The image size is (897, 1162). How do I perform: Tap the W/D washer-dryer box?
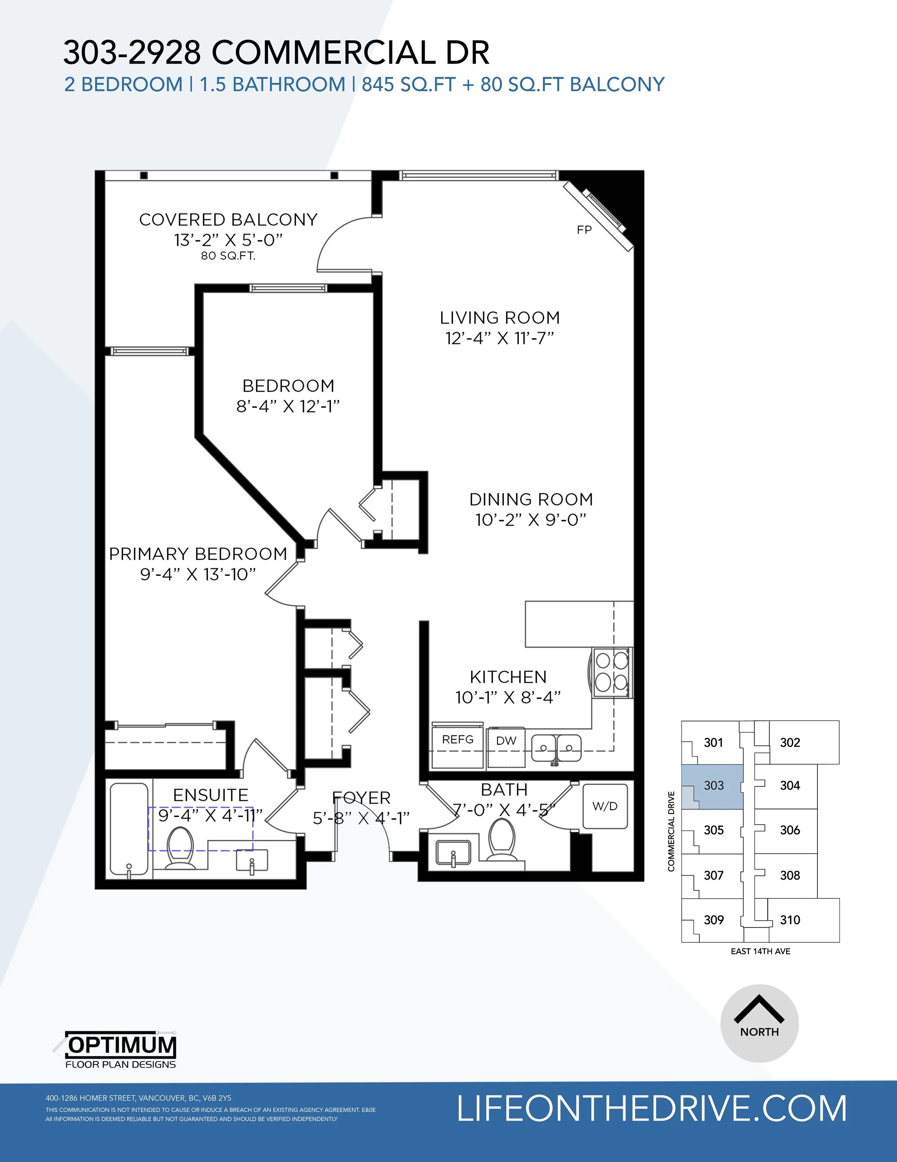(x=605, y=806)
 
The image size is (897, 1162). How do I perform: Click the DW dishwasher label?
(x=506, y=741)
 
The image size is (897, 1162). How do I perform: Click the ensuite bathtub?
(x=129, y=829)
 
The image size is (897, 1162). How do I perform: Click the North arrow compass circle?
(x=759, y=1023)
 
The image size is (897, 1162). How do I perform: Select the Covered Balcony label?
(x=228, y=220)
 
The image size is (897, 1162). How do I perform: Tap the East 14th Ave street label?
(x=760, y=951)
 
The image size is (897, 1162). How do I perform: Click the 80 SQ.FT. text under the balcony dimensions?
(x=228, y=256)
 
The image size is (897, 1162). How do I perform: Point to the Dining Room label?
(x=531, y=499)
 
